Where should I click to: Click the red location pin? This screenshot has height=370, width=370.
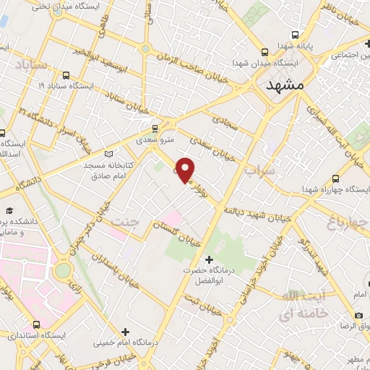click(186, 170)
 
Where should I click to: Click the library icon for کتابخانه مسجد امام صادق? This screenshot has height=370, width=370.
click(110, 153)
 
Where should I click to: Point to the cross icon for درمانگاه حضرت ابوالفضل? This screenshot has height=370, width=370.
click(210, 258)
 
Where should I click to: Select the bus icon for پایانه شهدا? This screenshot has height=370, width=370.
click(295, 35)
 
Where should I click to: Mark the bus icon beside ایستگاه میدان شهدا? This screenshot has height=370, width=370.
click(264, 52)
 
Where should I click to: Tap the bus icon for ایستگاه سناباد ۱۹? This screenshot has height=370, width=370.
click(66, 74)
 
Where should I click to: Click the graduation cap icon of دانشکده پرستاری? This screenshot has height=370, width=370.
click(10, 210)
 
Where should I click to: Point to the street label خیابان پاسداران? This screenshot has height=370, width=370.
click(113, 261)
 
